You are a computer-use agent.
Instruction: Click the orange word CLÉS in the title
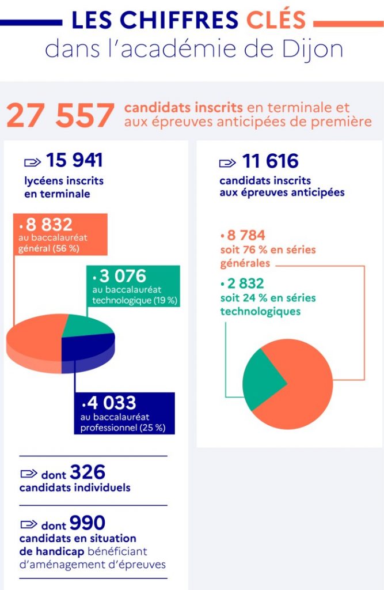pyautogui.click(x=276, y=20)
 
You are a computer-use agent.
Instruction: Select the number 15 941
pyautogui.click(x=74, y=161)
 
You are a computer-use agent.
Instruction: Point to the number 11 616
pyautogui.click(x=270, y=162)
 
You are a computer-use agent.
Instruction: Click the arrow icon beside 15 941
pyautogui.click(x=32, y=162)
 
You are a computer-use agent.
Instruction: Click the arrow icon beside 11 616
pyautogui.click(x=227, y=163)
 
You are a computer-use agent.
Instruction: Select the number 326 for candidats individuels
pyautogui.click(x=88, y=473)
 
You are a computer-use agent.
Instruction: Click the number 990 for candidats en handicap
pyautogui.click(x=88, y=523)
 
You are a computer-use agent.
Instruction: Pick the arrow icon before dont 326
pyautogui.click(x=29, y=474)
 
